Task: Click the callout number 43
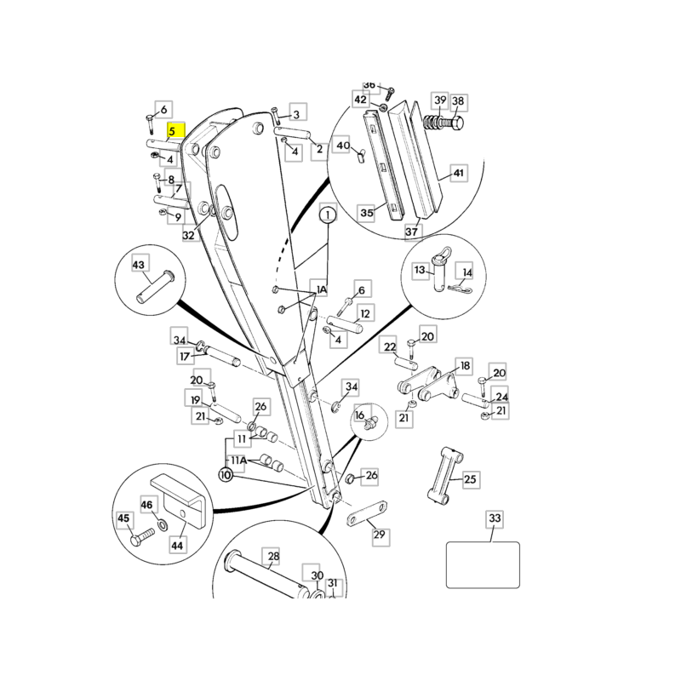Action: pos(139,266)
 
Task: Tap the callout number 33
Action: pos(495,518)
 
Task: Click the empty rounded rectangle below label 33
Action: pos(483,564)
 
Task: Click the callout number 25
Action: pos(470,480)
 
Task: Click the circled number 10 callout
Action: pos(226,474)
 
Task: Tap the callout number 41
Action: pos(459,173)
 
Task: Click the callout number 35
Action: pos(367,213)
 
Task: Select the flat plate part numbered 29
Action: pos(366,516)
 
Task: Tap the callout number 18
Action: pos(465,366)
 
